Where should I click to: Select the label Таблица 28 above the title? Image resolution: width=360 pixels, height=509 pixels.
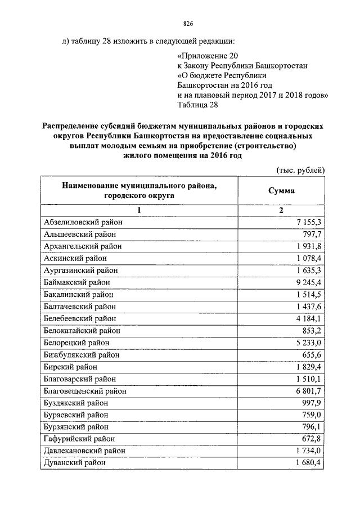[x=196, y=104]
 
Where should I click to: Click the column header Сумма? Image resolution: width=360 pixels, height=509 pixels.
[x=281, y=191]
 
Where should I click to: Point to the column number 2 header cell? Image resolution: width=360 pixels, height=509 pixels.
[x=281, y=210]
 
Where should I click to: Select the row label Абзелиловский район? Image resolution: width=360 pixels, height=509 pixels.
[x=83, y=222]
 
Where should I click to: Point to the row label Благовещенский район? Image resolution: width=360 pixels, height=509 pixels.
[x=84, y=391]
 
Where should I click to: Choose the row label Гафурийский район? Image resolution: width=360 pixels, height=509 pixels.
[x=76, y=439]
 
